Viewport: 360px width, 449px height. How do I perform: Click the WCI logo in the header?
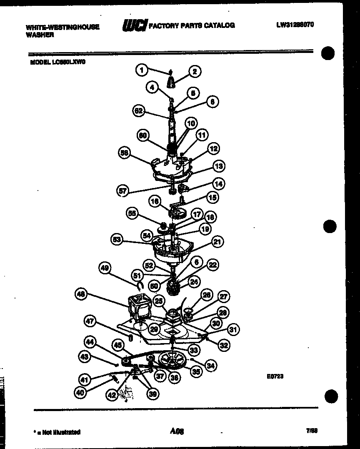[x=135, y=25]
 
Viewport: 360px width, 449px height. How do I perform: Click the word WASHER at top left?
[x=40, y=35]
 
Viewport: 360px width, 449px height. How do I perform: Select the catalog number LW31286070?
[x=295, y=25]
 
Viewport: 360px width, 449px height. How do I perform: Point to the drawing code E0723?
[x=275, y=376]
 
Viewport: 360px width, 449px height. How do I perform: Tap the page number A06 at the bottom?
[x=177, y=431]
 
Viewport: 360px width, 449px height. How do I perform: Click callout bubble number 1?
[x=142, y=70]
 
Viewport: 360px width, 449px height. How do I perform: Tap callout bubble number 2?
[x=195, y=71]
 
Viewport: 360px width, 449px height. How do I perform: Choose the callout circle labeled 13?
[x=218, y=166]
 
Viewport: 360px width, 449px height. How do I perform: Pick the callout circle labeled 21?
[x=217, y=241]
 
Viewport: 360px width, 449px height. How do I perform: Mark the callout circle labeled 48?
[x=82, y=295]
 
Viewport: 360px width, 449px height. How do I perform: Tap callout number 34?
[x=211, y=366]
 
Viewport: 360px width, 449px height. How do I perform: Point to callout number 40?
[x=81, y=392]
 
